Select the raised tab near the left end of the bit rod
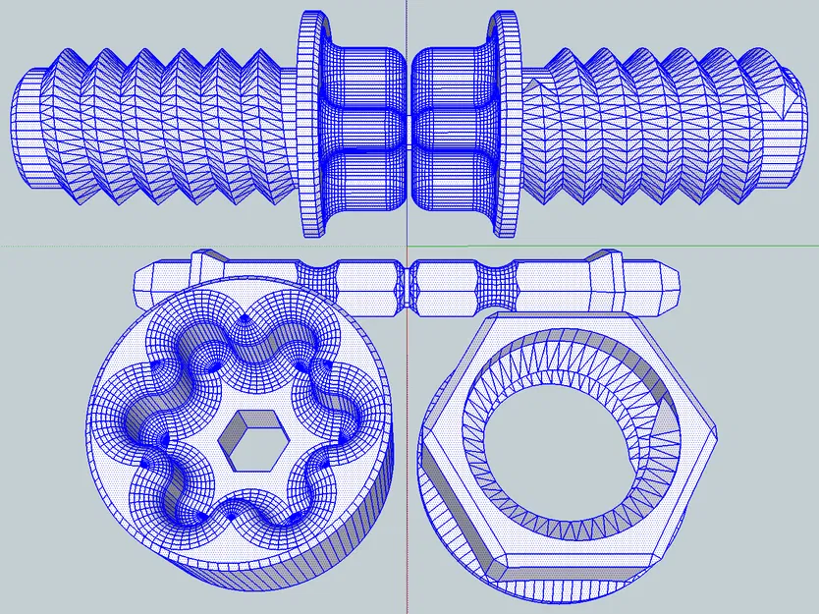point(201,262)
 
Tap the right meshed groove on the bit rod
point(496,285)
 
